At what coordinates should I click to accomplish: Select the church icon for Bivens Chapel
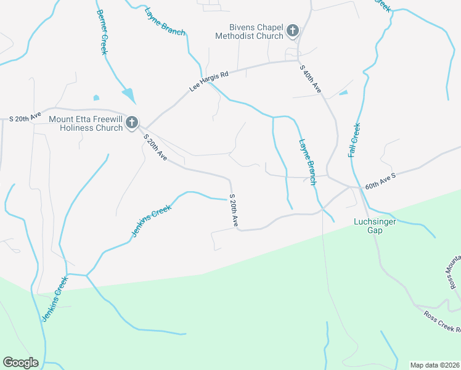(293, 30)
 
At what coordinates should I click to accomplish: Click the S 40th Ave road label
(311, 79)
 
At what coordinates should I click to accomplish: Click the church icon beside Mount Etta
(131, 123)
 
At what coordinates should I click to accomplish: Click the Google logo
(20, 363)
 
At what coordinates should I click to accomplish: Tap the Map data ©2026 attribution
(434, 364)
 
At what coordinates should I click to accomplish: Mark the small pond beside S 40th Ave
(343, 92)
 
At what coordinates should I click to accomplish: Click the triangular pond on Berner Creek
(129, 96)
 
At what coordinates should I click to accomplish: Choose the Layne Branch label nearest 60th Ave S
(307, 162)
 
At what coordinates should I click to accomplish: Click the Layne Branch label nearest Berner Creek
(165, 22)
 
